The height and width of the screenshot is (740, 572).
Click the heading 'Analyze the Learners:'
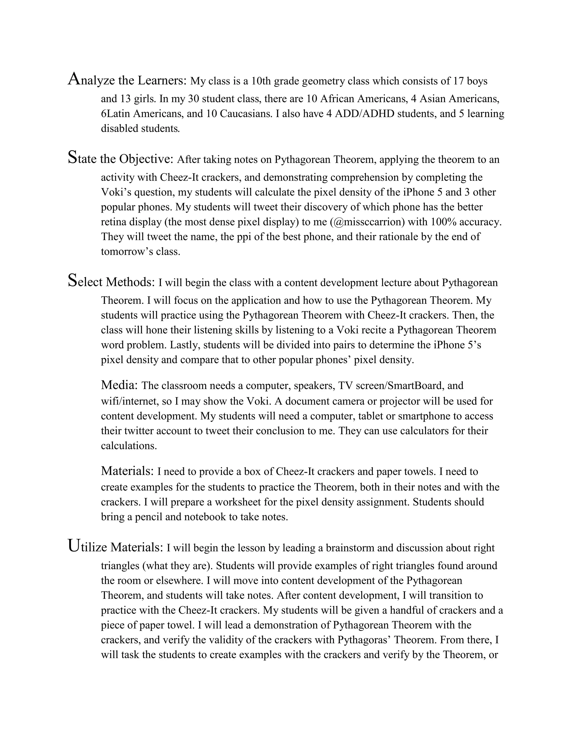coord(127,80)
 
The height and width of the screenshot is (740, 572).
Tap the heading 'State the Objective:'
coord(121,159)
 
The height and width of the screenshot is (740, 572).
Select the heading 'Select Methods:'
coord(111,281)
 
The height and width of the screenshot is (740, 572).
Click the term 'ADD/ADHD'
coord(364,113)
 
